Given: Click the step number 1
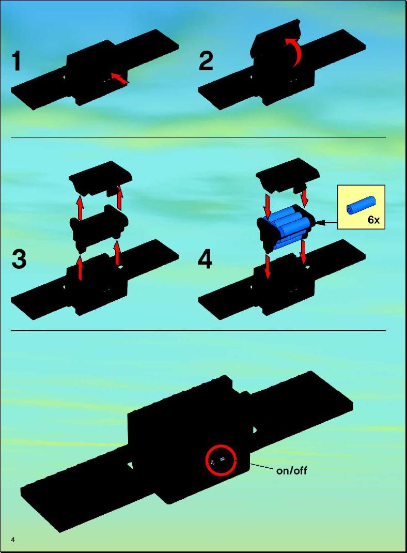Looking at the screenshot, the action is pos(16,61).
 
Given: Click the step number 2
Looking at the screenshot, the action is pos(206,61).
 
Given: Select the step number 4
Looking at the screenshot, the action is pos(205,260).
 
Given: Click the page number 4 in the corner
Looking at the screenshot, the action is pos(13,540).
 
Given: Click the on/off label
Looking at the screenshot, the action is pos(291,470).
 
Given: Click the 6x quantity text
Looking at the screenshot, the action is pos(373,220).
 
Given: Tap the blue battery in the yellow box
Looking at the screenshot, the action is pos(361,205).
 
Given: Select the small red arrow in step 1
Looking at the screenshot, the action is pos(119,78).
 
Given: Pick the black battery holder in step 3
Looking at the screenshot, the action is pos(99,226).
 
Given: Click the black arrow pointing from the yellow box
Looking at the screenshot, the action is pos(326,223).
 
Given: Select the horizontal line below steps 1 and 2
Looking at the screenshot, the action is pos(198,137).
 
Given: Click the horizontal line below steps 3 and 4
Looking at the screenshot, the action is pos(198,331).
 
